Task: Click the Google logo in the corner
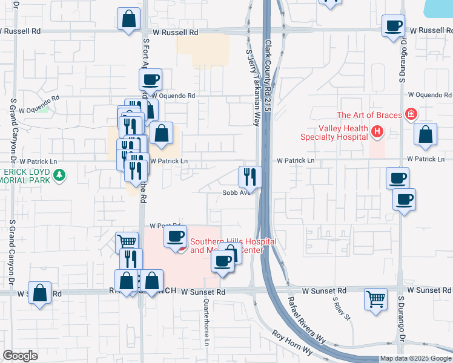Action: (x=20, y=356)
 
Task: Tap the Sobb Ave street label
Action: (x=236, y=193)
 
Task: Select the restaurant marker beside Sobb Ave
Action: (x=250, y=177)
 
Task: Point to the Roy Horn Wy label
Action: (x=292, y=342)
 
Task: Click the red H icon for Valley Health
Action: (x=377, y=131)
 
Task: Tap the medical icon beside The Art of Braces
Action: (x=411, y=114)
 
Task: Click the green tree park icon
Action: (x=59, y=175)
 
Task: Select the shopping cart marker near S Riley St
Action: (x=375, y=299)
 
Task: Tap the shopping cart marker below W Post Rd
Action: (x=127, y=242)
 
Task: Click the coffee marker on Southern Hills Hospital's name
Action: (x=175, y=237)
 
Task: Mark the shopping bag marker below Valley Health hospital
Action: (x=426, y=135)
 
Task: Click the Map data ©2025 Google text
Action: (x=416, y=358)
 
